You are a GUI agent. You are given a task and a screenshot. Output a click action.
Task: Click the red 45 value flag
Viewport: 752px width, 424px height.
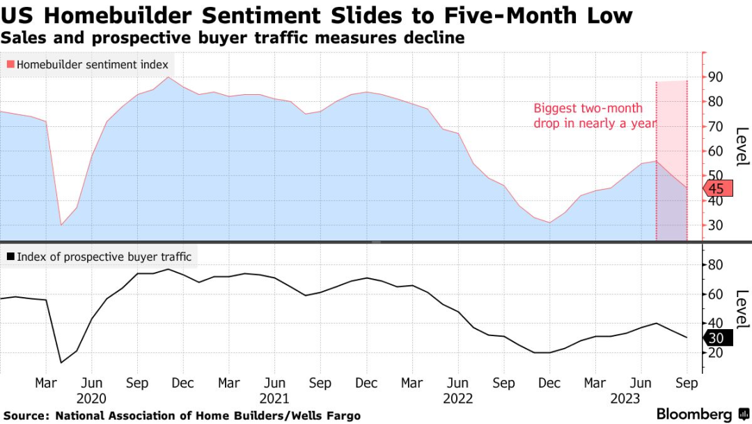720,189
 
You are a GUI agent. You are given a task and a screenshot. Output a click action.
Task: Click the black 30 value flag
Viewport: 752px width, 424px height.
720,338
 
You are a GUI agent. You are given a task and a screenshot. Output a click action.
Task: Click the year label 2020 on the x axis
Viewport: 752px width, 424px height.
91,398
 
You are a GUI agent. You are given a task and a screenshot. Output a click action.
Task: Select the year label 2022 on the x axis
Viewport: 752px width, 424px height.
457,398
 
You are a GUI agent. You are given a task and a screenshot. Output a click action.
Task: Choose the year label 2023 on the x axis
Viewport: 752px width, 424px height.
641,398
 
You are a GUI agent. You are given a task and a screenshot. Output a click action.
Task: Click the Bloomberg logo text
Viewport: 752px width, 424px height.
694,414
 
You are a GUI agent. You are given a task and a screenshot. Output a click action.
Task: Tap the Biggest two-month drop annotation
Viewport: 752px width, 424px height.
593,116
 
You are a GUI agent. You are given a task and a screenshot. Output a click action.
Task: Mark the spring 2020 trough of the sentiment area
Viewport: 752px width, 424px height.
61,225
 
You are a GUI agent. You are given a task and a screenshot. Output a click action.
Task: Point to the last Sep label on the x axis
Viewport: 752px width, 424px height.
687,383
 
